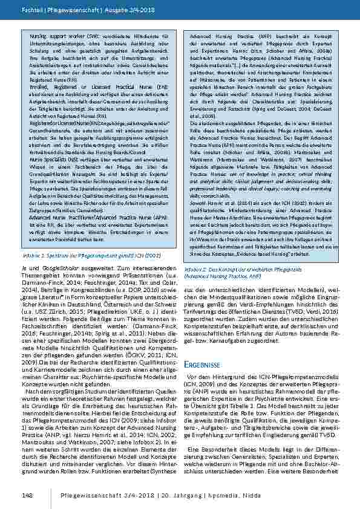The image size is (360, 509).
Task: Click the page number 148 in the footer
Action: [x=27, y=496]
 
